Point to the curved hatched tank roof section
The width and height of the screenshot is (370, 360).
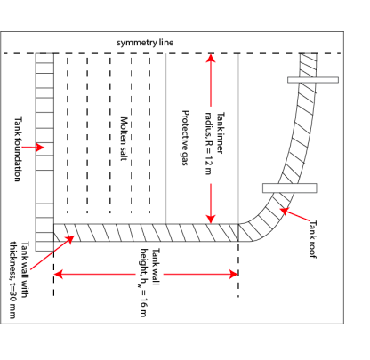294,142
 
